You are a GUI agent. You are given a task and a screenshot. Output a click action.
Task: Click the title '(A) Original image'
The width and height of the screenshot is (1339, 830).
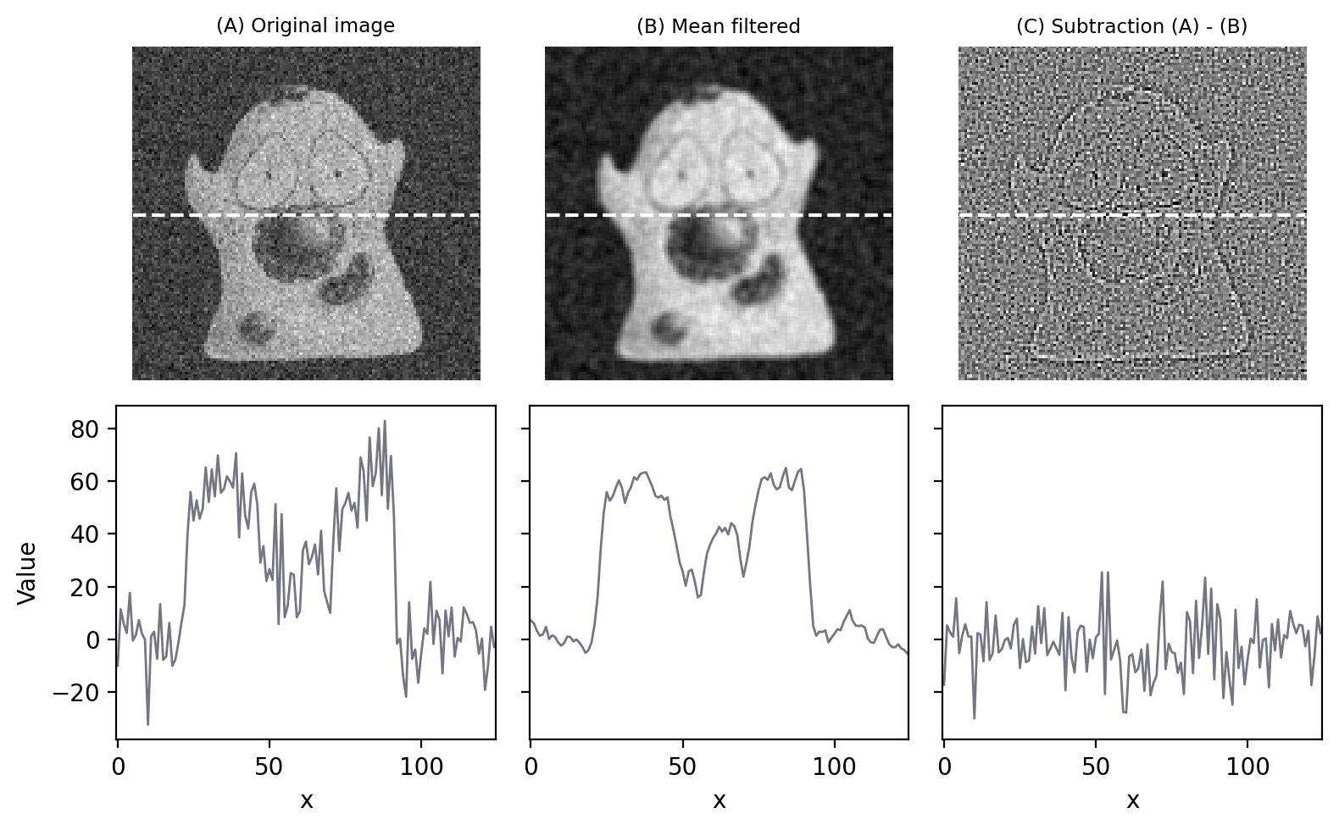(x=306, y=25)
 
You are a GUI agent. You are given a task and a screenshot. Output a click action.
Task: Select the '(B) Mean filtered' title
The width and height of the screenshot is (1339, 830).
(x=719, y=26)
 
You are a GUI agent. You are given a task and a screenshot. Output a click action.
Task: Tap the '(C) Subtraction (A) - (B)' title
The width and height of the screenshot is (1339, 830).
(x=1131, y=26)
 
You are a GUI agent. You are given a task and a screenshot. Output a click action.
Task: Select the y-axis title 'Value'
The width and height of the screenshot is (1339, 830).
(x=27, y=573)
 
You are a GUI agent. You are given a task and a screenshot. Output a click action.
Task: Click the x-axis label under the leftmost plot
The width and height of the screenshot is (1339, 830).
(x=307, y=800)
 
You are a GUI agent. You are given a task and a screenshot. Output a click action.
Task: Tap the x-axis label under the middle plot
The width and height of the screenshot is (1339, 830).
(x=720, y=800)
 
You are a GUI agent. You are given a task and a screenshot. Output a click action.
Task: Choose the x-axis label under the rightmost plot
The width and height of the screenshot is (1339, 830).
(x=1132, y=800)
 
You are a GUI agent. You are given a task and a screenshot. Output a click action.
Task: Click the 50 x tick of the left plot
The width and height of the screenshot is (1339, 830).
(x=269, y=767)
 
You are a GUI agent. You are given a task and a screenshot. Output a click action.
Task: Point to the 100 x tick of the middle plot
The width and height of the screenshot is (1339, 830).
(x=834, y=767)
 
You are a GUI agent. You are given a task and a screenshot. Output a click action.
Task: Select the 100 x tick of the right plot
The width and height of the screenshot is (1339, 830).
(x=1247, y=767)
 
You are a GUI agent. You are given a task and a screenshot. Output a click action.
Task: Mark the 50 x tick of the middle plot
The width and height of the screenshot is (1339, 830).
(x=682, y=767)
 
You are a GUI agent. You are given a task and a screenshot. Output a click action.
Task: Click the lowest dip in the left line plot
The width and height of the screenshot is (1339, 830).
(x=148, y=723)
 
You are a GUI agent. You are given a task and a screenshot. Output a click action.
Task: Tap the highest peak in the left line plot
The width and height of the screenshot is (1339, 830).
(x=385, y=421)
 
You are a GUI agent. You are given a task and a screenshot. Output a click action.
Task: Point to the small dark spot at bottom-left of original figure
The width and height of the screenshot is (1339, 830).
(x=253, y=327)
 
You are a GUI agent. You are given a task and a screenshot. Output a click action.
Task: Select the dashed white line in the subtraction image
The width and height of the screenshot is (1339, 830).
(x=1132, y=215)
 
